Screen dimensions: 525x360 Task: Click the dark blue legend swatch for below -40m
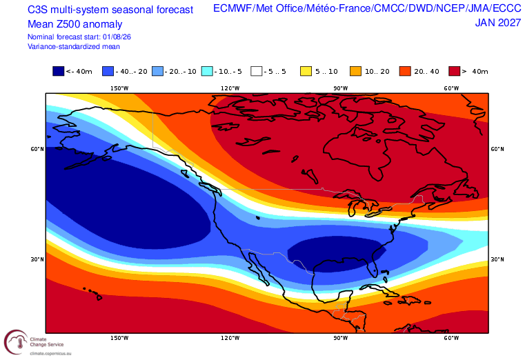[58, 71]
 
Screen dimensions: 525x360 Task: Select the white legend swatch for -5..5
[257, 71]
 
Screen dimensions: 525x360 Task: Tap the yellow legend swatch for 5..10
[306, 71]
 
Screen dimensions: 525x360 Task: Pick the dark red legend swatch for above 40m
[455, 71]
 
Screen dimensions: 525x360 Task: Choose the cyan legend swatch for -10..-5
[207, 71]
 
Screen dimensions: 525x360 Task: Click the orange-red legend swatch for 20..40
[405, 71]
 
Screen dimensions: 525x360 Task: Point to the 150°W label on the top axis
[119, 88]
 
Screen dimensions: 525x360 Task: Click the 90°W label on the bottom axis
[341, 338]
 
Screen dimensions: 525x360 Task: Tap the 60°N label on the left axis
[37, 149]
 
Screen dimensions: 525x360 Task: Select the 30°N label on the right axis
[497, 259]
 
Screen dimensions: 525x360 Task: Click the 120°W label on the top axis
[230, 88]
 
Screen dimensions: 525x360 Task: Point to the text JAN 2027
[498, 23]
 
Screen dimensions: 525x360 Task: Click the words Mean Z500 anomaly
[75, 24]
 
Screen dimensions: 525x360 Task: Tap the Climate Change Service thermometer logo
[16, 342]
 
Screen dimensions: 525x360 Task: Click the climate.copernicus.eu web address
[50, 353]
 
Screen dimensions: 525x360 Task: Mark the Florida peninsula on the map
[373, 266]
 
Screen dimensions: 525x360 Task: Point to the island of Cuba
[382, 290]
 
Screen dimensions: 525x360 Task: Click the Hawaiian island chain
[92, 292]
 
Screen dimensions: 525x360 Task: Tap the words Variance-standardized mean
[74, 46]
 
